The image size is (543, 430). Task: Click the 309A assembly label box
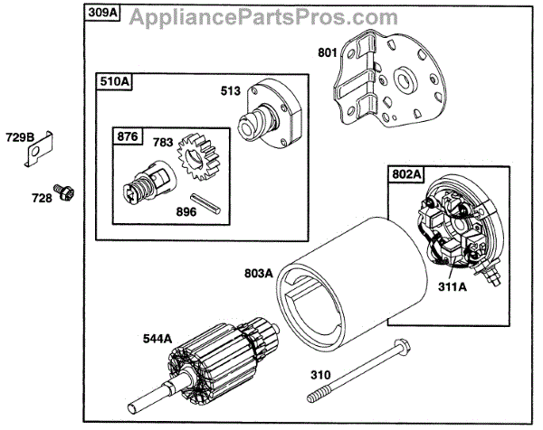(x=103, y=14)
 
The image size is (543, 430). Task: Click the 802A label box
(x=405, y=173)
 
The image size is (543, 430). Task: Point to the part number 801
(x=327, y=52)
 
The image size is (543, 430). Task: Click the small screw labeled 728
(x=64, y=192)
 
